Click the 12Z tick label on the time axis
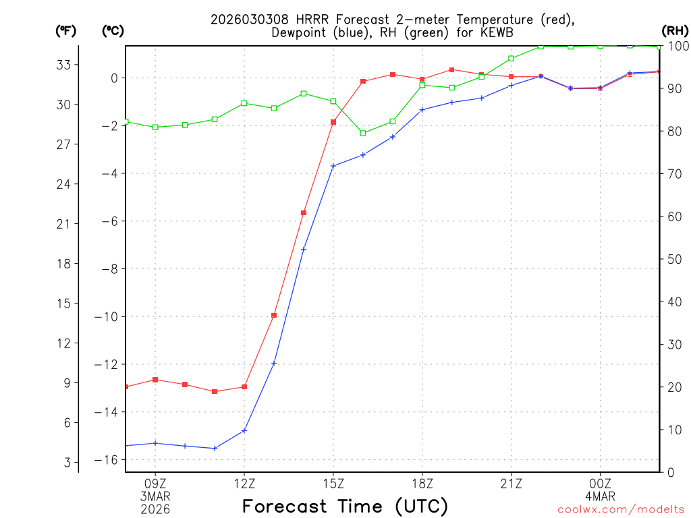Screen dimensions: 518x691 click(x=244, y=483)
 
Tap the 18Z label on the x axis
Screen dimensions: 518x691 click(x=422, y=483)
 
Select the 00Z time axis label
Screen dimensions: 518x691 click(x=600, y=483)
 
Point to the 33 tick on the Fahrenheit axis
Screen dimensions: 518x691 click(x=63, y=65)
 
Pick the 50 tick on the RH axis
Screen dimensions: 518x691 click(x=674, y=259)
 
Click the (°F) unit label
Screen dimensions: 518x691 click(x=65, y=30)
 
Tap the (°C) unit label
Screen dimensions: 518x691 click(x=113, y=30)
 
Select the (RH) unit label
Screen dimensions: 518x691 click(x=674, y=30)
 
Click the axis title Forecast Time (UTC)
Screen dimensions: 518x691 click(x=345, y=506)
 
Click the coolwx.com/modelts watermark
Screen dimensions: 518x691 click(x=621, y=510)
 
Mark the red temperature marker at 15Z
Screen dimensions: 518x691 click(x=333, y=122)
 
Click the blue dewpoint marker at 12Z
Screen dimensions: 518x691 click(x=244, y=430)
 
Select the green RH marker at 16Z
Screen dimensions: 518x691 click(x=363, y=133)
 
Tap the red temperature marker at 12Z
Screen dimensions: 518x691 click(x=244, y=386)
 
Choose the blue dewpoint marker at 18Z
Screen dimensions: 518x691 click(x=422, y=109)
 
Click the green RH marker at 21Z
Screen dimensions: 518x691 click(x=512, y=58)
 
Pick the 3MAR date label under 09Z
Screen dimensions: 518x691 click(x=155, y=496)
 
